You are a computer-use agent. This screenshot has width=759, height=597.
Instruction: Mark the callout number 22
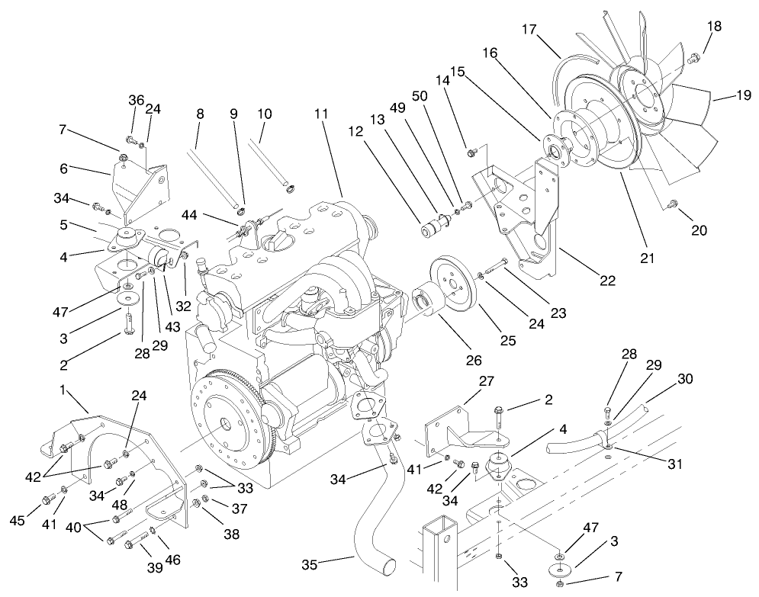(607, 280)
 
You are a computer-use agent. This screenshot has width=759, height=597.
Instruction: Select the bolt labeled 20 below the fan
(673, 204)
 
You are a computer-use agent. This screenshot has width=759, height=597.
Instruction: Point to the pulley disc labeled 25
(452, 285)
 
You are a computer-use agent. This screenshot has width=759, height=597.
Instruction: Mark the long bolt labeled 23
(495, 265)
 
